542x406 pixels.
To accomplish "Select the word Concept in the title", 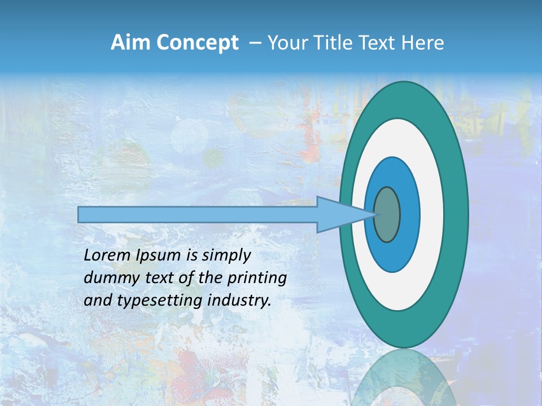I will pos(198,43).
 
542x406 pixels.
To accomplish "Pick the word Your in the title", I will pos(287,43).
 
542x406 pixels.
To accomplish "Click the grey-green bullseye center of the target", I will pos(387,214).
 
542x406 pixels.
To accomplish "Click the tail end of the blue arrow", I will pos(80,214).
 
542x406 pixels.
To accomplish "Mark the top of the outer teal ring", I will pos(403,91).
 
